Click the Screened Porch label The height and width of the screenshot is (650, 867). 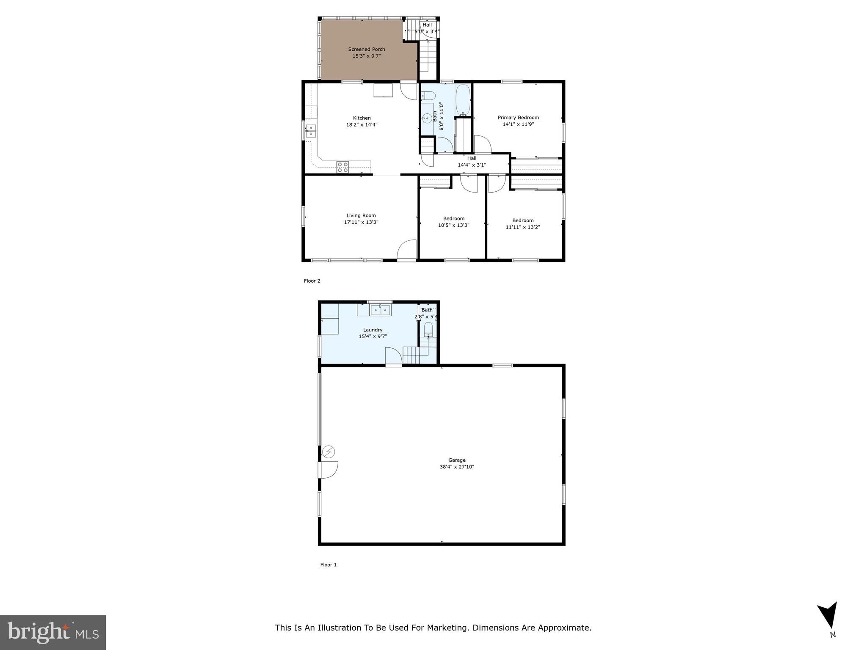point(366,49)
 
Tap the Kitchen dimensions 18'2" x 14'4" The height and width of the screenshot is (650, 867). point(362,125)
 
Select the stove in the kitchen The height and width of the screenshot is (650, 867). point(342,167)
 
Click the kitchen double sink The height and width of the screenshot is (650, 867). point(311,131)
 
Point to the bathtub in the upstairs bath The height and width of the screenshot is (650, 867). point(463,100)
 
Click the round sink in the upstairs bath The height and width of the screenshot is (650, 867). point(427,118)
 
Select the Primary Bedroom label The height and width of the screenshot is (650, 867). point(518,118)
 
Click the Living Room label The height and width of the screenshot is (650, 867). point(361,215)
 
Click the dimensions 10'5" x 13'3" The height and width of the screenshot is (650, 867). point(453,225)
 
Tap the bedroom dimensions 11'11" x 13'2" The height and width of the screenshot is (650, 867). point(523,227)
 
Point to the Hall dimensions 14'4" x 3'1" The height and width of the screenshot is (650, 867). point(472,165)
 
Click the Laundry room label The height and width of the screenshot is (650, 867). point(373,330)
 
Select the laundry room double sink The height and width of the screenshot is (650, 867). point(380,310)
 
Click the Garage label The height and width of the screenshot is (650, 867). point(457,460)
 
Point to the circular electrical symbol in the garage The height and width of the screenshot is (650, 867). point(329,452)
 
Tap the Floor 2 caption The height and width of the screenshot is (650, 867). point(312,281)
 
